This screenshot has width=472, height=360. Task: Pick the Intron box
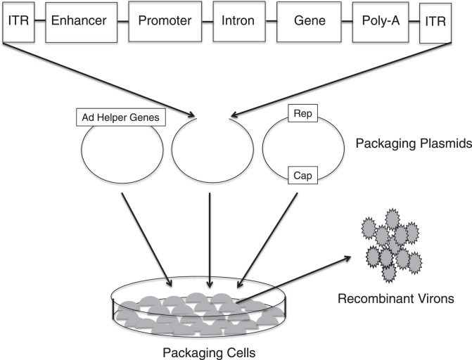[237, 21]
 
